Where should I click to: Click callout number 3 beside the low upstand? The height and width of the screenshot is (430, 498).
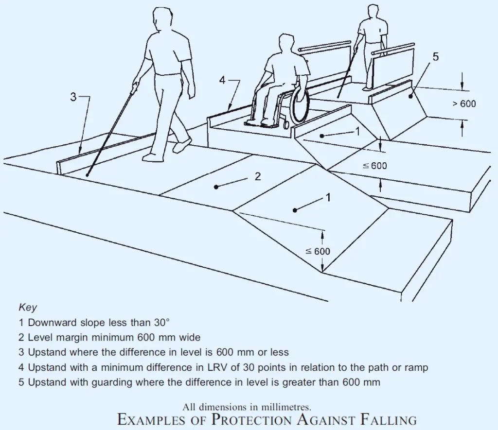pos(73,97)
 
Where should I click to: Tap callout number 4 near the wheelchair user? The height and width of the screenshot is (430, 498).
pos(222,80)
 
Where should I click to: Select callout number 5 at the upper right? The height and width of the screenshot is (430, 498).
pos(435,57)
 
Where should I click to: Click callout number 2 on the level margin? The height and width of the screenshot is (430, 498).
pos(258,176)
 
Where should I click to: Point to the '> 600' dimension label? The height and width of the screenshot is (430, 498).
pos(464,104)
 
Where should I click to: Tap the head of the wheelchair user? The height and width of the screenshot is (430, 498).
pos(287,42)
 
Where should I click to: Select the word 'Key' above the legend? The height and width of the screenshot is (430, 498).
pos(28,308)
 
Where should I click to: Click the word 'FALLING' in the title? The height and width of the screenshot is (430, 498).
pos(389,419)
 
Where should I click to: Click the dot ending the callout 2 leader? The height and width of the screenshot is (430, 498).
pos(216,187)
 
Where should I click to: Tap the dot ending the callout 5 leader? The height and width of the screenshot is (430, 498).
pos(410,96)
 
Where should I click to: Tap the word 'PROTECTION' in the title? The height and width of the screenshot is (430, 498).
pos(251,419)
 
